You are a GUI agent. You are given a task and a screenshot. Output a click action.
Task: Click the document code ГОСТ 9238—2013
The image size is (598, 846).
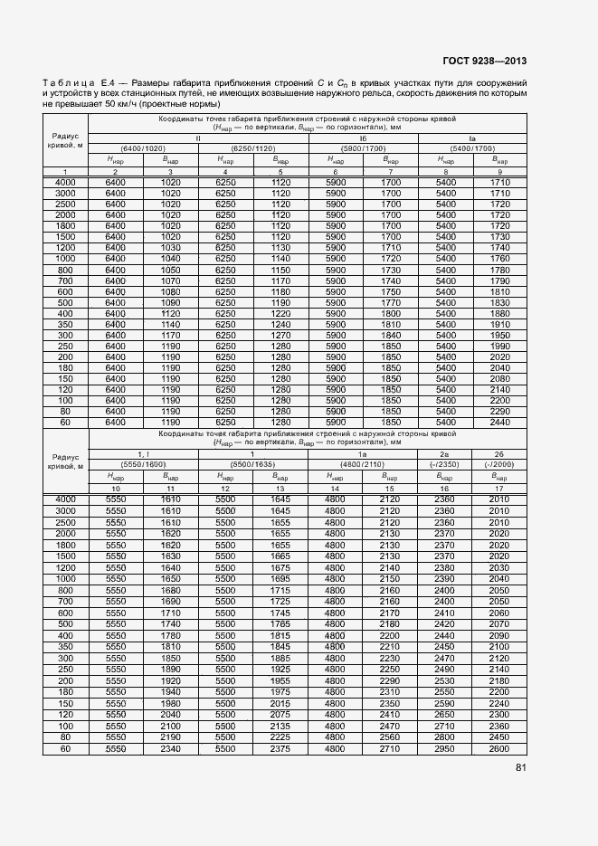coord(484,62)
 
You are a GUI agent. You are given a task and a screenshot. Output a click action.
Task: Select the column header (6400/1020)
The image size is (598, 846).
coord(143,147)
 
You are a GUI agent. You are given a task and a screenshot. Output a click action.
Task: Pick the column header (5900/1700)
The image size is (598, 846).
coord(364,147)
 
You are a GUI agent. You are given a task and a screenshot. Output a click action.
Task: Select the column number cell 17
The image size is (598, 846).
coord(499,489)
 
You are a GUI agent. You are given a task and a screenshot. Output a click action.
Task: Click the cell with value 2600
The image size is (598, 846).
coord(499,749)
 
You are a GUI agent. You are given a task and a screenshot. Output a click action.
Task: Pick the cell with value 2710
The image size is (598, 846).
coord(390,749)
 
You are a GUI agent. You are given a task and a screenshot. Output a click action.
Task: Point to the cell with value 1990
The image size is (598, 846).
coord(499,345)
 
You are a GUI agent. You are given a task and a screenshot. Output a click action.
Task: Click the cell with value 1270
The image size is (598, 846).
coord(280,334)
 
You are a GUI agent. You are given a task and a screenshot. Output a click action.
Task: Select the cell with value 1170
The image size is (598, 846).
coord(170,334)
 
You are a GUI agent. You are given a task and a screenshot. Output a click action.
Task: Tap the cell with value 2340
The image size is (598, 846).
coord(170,749)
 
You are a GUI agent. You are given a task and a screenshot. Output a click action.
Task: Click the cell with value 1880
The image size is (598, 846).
coord(499,312)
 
